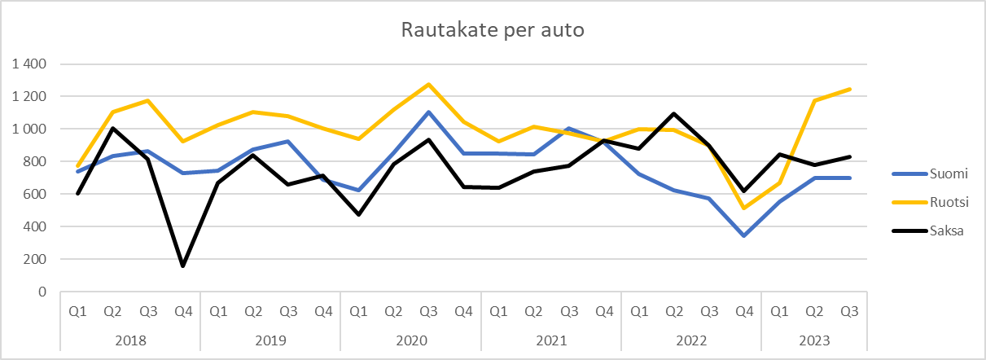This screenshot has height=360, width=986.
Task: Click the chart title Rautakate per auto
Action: point(493,30)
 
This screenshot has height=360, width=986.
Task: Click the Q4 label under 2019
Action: point(323,311)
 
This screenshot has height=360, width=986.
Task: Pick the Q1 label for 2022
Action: point(639,311)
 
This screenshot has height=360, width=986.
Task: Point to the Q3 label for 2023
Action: point(849,311)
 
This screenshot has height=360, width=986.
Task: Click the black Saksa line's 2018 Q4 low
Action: point(182,266)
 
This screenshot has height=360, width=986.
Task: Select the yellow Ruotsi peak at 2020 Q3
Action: point(428,84)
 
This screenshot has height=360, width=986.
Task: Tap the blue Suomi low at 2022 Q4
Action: point(744,235)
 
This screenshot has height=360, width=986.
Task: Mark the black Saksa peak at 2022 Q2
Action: point(674,113)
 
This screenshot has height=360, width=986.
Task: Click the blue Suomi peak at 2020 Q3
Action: point(428,112)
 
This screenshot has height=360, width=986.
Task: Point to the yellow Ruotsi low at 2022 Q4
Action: point(744,208)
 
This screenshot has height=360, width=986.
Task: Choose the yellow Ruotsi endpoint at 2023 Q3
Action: point(849,89)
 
